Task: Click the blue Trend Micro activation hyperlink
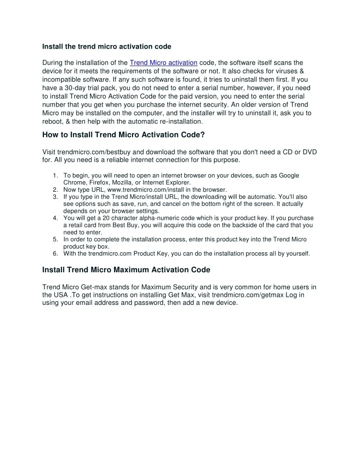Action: (163, 63)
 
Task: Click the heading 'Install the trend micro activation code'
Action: (106, 47)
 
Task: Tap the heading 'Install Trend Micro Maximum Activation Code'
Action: (126, 270)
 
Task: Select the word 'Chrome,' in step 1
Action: (74, 183)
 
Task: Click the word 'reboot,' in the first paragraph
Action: (54, 121)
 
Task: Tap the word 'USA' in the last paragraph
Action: (61, 295)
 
